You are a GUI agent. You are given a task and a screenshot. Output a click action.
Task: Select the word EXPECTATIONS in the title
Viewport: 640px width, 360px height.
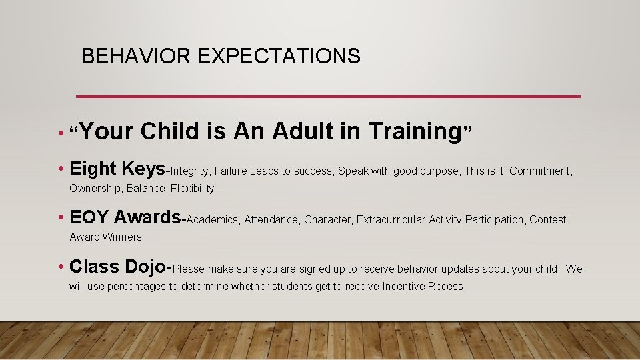279,56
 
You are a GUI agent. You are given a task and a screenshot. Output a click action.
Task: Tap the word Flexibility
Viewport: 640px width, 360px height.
193,189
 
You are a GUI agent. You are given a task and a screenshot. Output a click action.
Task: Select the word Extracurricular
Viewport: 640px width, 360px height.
391,220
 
